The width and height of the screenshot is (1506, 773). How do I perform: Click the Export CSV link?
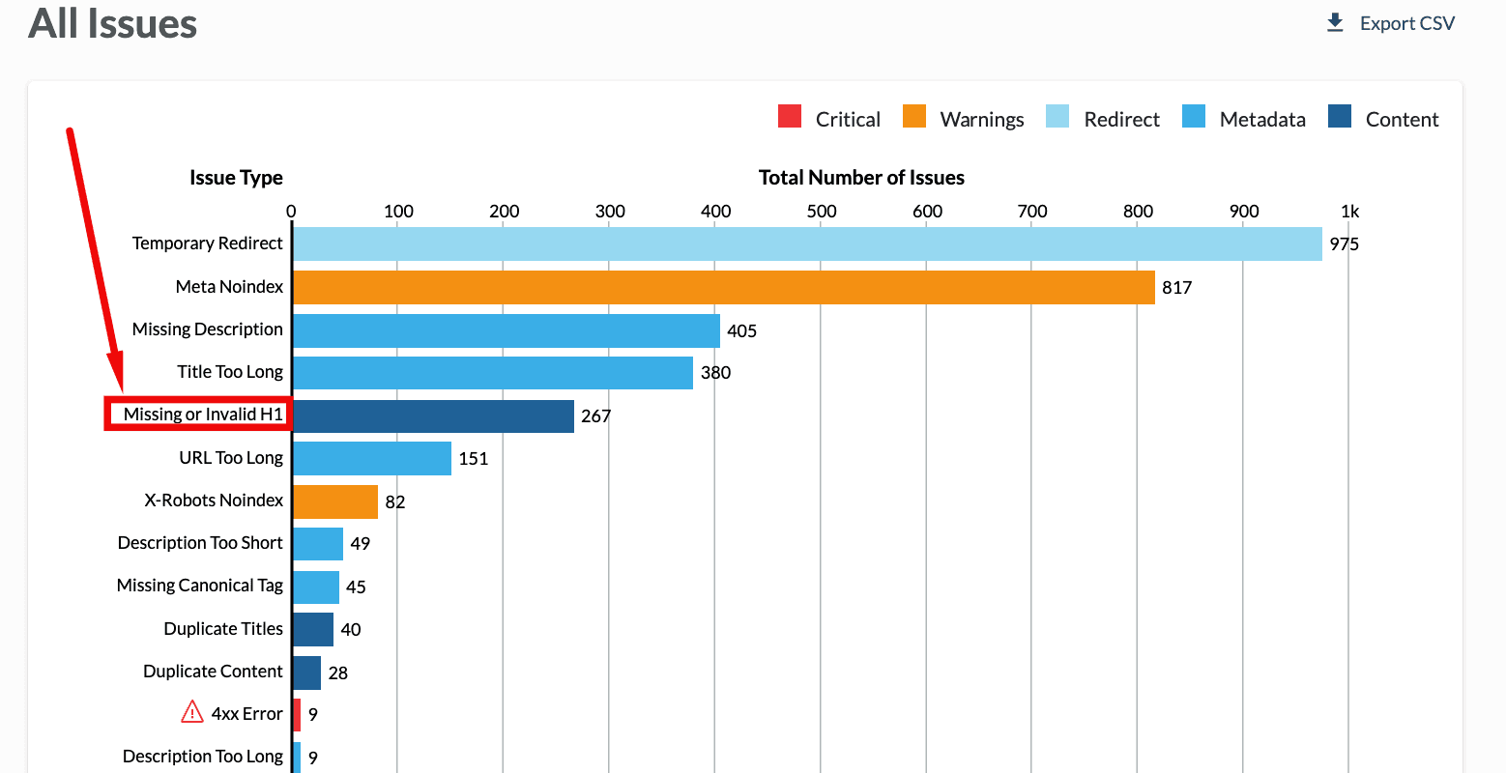1392,23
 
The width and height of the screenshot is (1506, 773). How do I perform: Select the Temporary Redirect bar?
807,243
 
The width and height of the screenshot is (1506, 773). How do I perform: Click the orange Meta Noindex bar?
723,287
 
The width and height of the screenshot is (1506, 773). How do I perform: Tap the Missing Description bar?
506,330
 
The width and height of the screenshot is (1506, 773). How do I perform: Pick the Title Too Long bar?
492,373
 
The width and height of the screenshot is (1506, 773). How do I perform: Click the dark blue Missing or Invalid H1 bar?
433,415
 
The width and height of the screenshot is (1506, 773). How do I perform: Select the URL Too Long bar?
371,458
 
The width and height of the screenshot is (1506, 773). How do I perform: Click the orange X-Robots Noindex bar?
334,501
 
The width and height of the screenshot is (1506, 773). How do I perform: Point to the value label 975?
1344,244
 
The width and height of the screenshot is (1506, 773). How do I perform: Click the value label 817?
1176,288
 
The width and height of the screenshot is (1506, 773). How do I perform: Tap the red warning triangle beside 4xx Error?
192,713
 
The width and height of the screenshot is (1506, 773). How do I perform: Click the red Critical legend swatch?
790,117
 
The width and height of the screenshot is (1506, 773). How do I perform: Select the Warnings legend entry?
964,119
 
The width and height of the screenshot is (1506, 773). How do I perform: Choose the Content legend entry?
1384,119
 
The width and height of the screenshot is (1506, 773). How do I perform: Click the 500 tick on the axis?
821,212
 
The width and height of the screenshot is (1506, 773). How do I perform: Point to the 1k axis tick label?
1349,212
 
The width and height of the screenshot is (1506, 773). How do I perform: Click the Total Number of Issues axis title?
861,178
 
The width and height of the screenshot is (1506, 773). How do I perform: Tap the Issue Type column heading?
236,178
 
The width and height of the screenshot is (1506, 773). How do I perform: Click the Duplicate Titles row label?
223,629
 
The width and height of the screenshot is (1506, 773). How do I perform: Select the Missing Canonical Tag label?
200,586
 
